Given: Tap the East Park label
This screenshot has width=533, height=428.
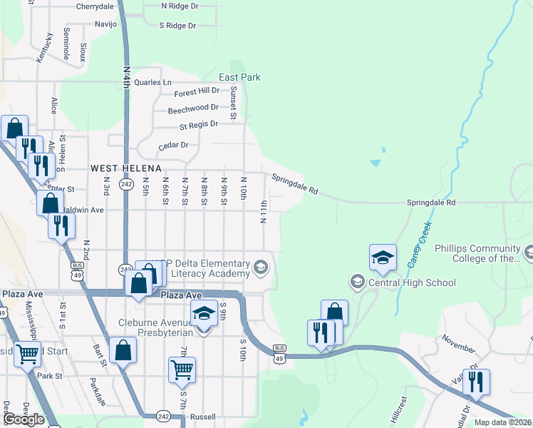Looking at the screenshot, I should point(239,77).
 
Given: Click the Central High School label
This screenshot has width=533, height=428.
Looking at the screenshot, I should point(412,282).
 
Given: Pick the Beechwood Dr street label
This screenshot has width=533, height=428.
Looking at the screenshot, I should point(193,109).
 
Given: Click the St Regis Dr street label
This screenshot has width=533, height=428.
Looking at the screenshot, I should point(199,125).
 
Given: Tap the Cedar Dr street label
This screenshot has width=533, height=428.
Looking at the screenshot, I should point(175,145).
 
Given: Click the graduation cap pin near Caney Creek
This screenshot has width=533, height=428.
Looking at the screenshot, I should point(383,258).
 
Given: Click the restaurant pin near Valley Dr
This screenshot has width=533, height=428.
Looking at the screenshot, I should point(476,381).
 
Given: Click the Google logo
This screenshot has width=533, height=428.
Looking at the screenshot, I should point(24,419).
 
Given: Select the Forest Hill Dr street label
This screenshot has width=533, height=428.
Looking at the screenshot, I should point(197,91).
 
